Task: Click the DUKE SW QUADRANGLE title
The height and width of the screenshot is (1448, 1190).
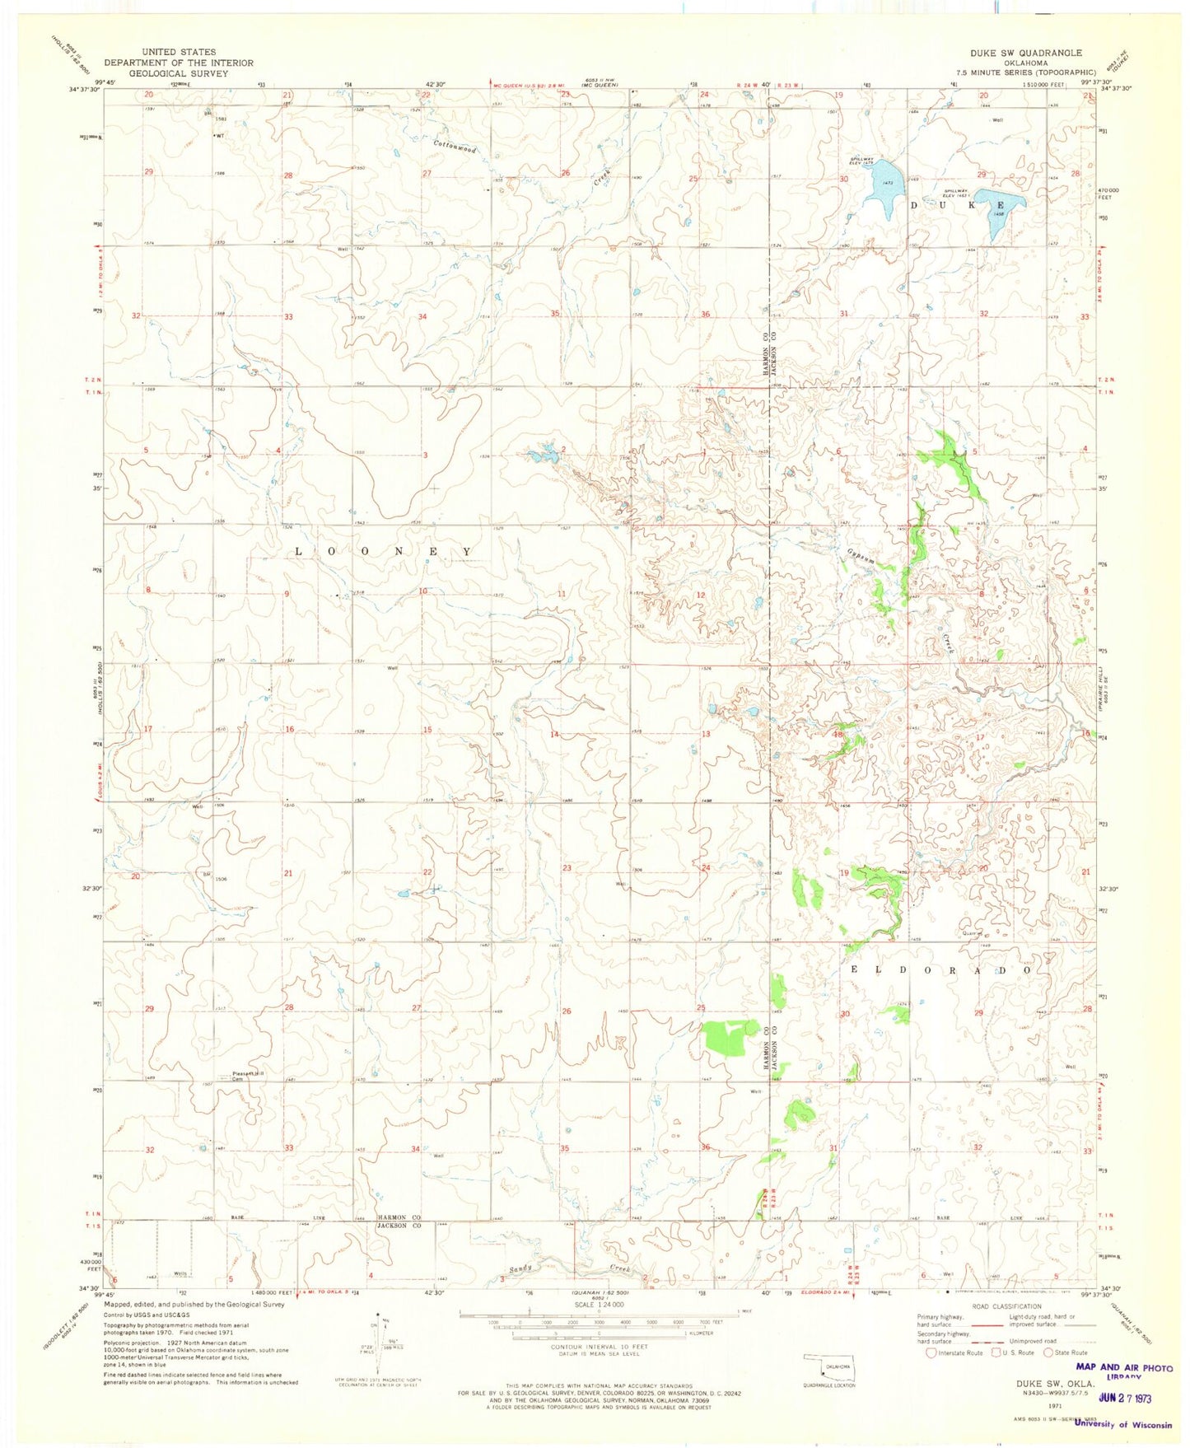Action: pyautogui.click(x=1025, y=52)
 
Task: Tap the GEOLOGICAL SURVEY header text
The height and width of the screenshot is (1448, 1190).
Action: pyautogui.click(x=179, y=73)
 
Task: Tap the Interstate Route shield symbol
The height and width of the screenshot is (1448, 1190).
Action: pyautogui.click(x=931, y=1352)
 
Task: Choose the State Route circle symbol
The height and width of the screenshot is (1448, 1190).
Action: pyautogui.click(x=1050, y=1352)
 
